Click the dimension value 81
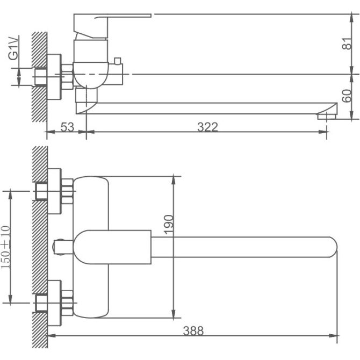tap(347, 45)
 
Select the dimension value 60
tap(347, 96)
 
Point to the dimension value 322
tap(207, 127)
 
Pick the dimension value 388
tap(193, 331)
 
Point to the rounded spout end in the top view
tap(329, 247)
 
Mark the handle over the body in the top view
tap(113, 247)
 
